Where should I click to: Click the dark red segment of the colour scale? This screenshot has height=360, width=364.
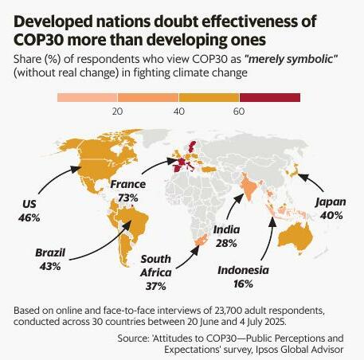point(270,97)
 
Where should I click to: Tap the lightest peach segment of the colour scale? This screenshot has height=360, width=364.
point(87,97)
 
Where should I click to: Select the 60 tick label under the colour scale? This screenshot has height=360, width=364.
point(239,112)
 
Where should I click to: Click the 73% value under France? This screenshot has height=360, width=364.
point(128,198)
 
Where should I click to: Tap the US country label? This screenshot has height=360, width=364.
point(29,204)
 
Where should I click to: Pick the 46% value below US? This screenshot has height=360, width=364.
point(29,218)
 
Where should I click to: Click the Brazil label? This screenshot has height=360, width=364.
point(50,252)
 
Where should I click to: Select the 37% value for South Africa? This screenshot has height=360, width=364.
point(156,287)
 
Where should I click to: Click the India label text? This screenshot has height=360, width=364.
point(226,229)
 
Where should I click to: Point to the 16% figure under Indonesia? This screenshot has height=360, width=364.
point(243,284)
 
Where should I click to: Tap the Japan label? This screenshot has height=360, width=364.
point(331,202)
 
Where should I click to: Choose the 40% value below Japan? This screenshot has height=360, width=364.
point(331,215)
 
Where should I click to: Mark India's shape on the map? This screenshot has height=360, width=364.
point(249,186)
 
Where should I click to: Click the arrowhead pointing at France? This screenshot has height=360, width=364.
point(171,160)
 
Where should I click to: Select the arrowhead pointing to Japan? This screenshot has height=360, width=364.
point(303,177)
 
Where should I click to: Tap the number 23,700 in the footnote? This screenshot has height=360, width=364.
point(224,310)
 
